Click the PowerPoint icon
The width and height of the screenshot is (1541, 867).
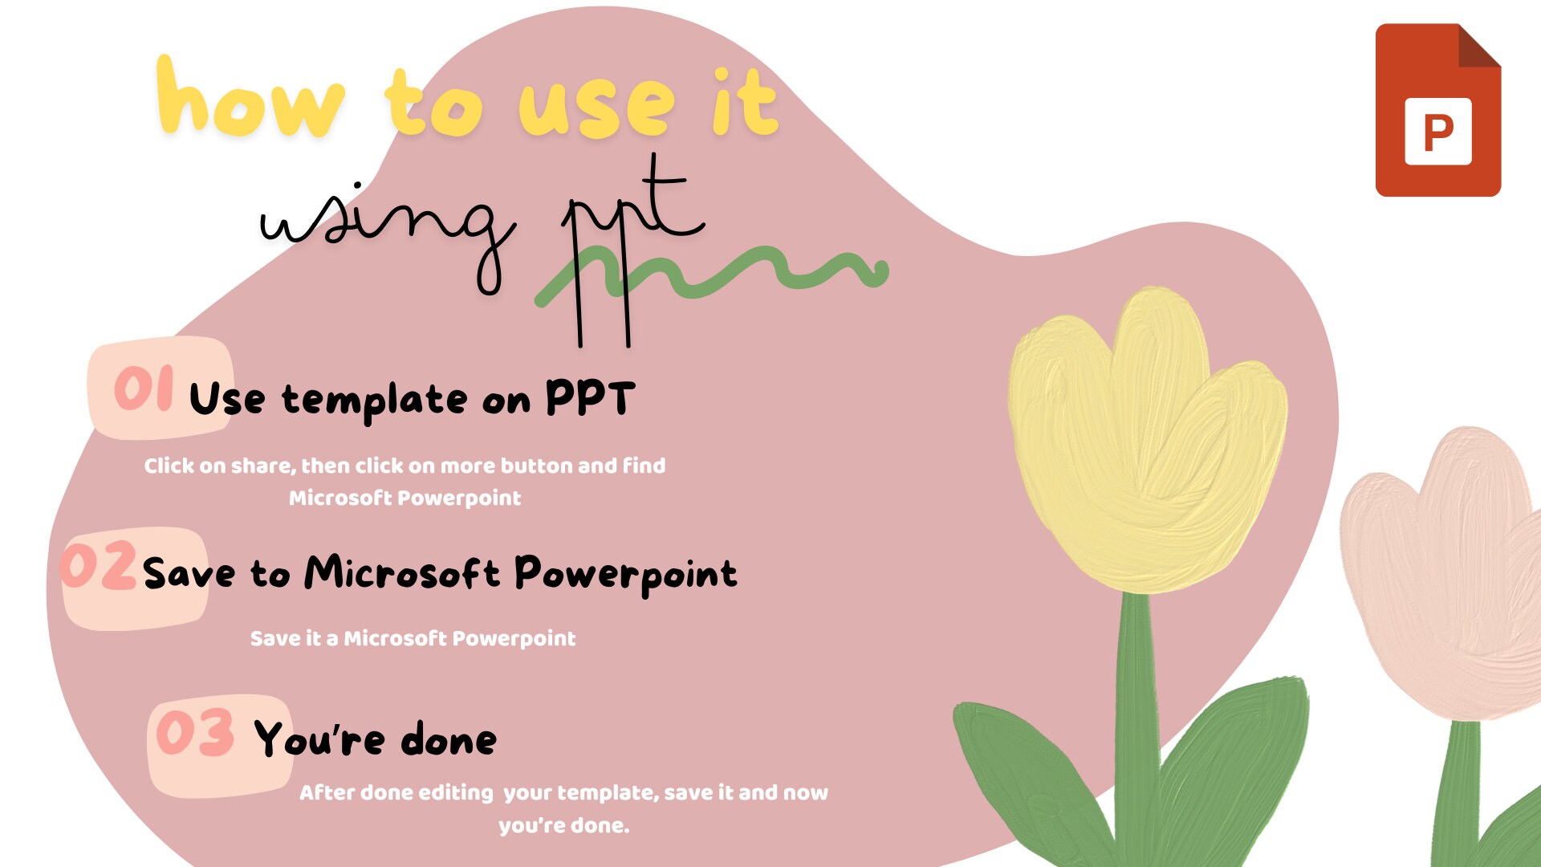(x=1437, y=110)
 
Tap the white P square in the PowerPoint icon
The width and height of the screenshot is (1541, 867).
(x=1437, y=132)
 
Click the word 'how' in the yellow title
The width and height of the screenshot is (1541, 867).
(x=250, y=100)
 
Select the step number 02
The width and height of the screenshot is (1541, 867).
(x=98, y=565)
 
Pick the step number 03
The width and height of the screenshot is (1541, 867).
(x=195, y=732)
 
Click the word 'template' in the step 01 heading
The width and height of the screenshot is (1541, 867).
(x=374, y=401)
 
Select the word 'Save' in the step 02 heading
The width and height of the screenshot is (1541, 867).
(x=189, y=573)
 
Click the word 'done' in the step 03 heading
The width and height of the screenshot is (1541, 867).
(x=449, y=739)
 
